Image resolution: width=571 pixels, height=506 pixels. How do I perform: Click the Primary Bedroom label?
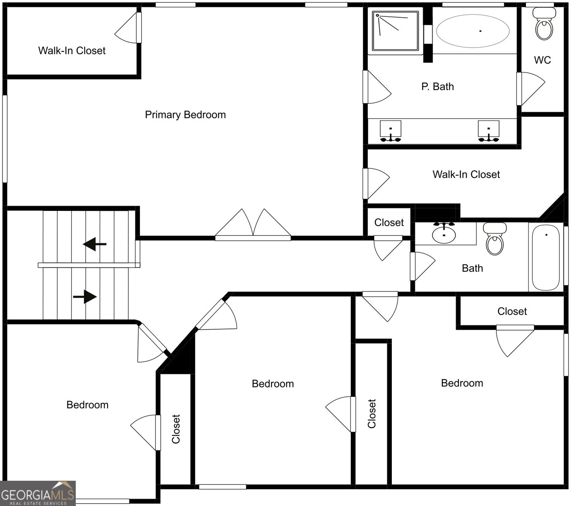[x=185, y=115]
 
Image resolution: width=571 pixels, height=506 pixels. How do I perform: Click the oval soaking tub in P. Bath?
[x=472, y=31]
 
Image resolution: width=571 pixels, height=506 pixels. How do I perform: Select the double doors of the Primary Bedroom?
[x=253, y=225]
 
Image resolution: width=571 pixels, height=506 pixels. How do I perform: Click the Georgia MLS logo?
[x=38, y=493]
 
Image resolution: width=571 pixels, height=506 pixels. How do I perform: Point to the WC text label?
[x=542, y=60]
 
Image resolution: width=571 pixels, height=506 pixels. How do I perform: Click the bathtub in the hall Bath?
[x=546, y=257]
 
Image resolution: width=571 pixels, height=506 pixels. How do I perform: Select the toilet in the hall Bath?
[x=495, y=240]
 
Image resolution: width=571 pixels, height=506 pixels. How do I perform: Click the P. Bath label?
[x=437, y=86]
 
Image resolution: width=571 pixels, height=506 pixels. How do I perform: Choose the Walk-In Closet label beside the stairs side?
[x=72, y=51]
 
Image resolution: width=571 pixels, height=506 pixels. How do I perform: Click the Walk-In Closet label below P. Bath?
[x=466, y=175]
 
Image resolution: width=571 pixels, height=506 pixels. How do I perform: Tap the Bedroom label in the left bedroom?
[x=87, y=405]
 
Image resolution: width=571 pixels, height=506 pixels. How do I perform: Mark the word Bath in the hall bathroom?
[x=472, y=268]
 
